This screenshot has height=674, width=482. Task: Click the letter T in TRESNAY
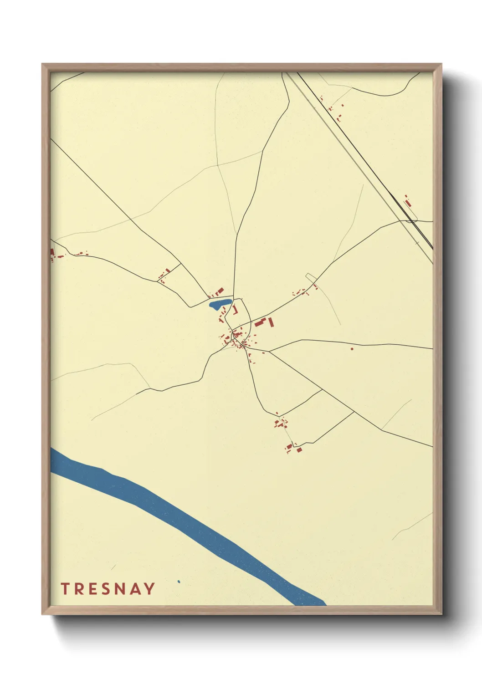click(65, 589)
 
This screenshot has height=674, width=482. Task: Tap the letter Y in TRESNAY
click(149, 589)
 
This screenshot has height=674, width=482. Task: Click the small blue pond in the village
click(220, 304)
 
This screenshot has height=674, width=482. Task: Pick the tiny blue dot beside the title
click(179, 582)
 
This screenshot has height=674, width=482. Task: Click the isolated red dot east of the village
click(352, 349)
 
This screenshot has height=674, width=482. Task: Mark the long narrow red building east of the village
click(271, 322)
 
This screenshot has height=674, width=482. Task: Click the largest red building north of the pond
click(220, 291)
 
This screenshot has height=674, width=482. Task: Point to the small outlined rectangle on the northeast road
click(311, 277)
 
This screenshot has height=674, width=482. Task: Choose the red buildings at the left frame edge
click(52, 253)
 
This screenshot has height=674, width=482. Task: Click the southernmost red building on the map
click(299, 449)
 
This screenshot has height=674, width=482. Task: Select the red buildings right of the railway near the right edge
click(408, 201)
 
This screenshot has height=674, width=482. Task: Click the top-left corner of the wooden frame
click(42, 64)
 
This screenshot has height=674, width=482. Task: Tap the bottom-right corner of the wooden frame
click(441, 614)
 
